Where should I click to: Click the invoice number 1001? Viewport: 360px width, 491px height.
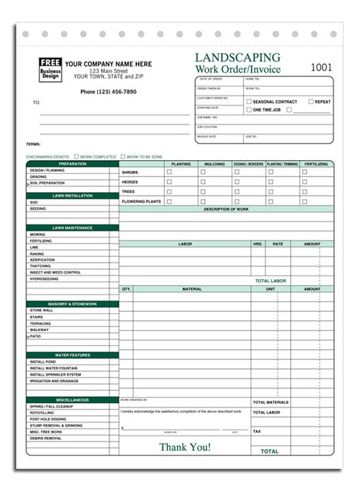point(321,68)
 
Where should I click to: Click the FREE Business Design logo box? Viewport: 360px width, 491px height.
point(51,68)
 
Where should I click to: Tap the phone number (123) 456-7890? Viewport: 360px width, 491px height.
point(109,92)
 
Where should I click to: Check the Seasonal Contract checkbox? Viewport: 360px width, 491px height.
point(248,101)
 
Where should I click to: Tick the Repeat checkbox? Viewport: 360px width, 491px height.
point(311,101)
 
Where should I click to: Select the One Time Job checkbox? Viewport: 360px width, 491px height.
point(248,109)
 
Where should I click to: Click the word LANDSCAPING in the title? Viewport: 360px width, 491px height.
point(238,58)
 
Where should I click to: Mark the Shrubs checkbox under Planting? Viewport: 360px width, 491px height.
point(169,172)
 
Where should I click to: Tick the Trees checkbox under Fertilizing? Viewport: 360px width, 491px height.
point(305,191)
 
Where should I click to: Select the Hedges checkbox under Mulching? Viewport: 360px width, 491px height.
point(203,181)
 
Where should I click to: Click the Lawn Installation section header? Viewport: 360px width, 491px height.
point(72,195)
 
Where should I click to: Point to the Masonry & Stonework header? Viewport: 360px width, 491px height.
point(72,304)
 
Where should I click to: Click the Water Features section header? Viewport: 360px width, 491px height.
point(72,354)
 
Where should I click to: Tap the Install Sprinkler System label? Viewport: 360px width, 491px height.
point(55,374)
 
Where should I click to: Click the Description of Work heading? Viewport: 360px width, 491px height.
point(226,209)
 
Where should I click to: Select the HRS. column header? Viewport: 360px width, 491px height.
point(257,244)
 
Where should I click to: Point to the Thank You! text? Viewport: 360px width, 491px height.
point(185,446)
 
